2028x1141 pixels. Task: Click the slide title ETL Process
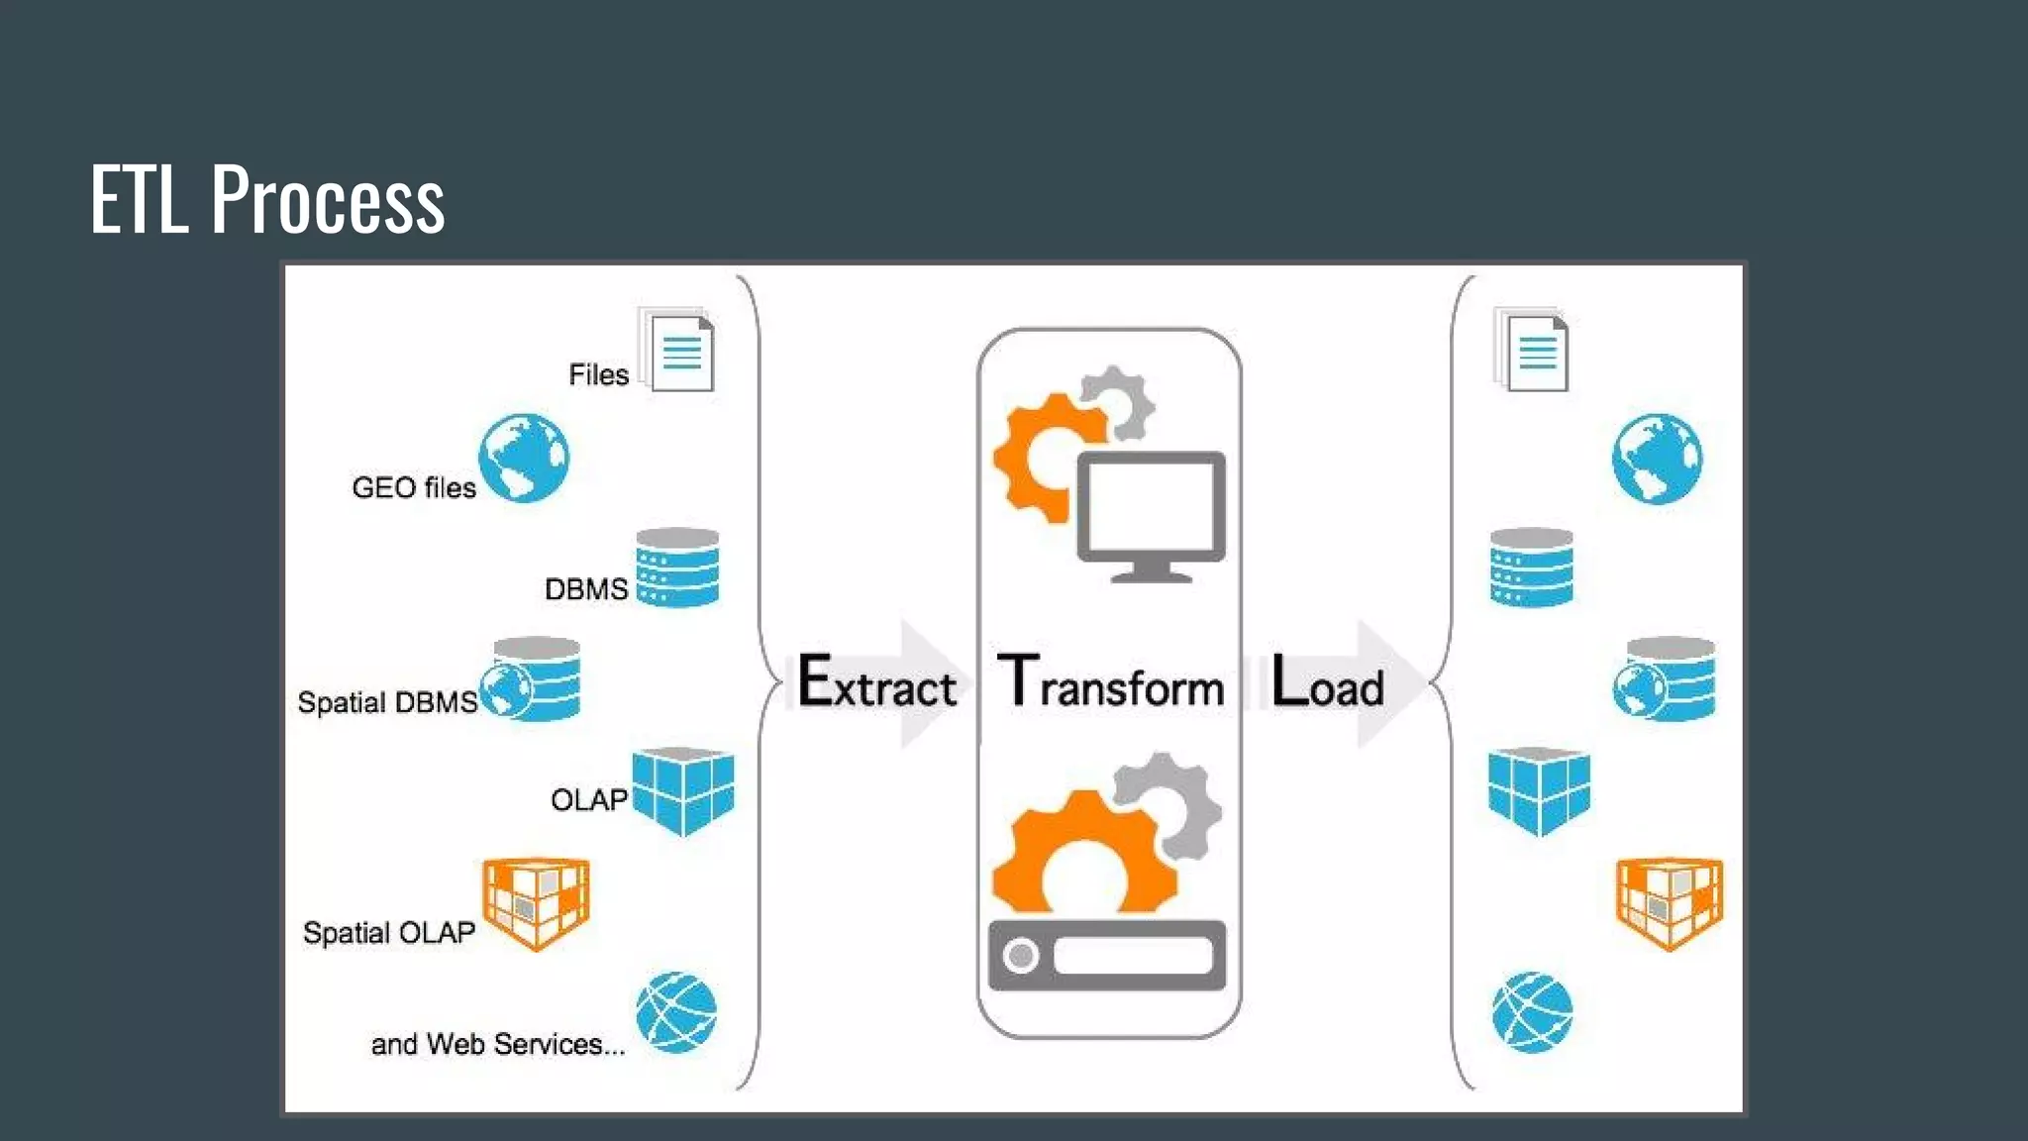267,200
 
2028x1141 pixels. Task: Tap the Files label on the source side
598,374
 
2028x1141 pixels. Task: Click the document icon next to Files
679,352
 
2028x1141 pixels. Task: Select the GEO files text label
414,487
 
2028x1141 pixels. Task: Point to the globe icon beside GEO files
524,458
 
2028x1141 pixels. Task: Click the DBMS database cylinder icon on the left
677,568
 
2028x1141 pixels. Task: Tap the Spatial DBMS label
387,702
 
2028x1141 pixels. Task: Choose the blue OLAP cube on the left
682,790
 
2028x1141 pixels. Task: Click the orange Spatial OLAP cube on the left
536,902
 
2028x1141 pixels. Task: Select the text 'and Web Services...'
498,1044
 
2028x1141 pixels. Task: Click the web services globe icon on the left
676,1012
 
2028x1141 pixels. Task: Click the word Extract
877,683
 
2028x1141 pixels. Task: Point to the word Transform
1110,683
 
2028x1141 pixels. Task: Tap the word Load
1327,683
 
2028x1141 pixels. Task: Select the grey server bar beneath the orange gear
1107,956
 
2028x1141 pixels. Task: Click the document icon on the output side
1533,352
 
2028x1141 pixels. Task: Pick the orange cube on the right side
1670,902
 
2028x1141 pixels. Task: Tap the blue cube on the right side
1539,790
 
